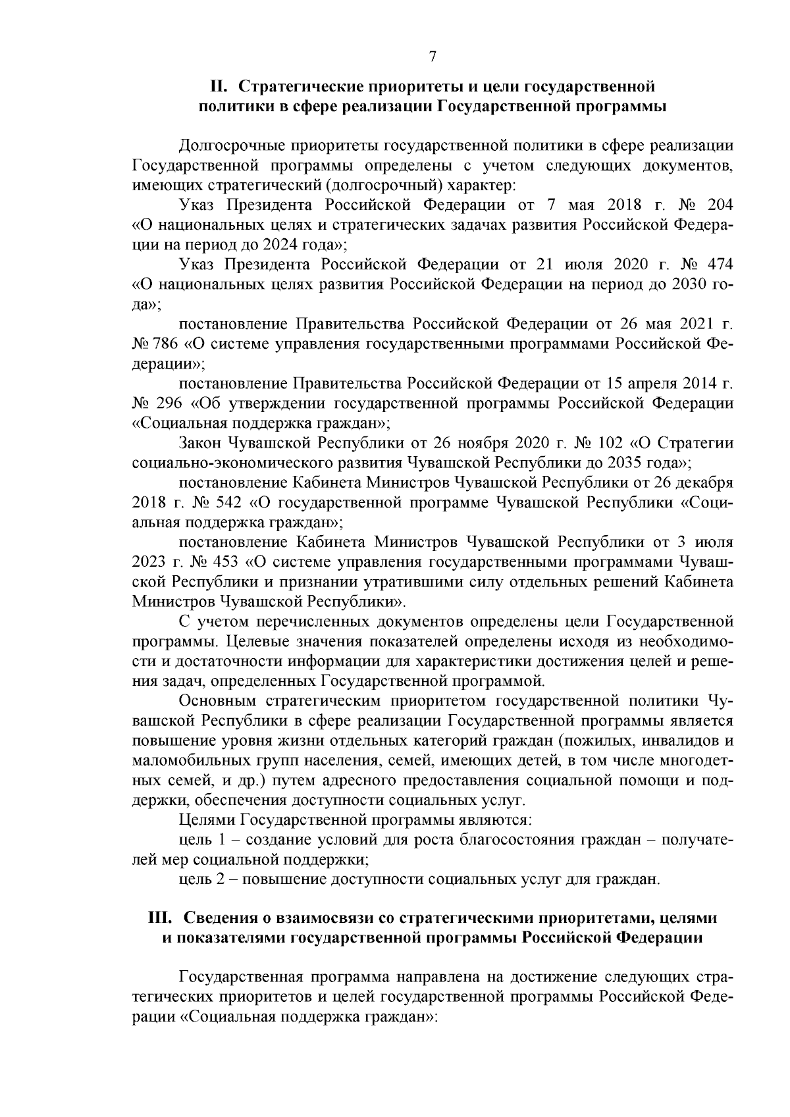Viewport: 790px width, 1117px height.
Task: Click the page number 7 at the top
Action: coord(433,57)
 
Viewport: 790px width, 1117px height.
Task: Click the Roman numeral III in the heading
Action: coord(162,917)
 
